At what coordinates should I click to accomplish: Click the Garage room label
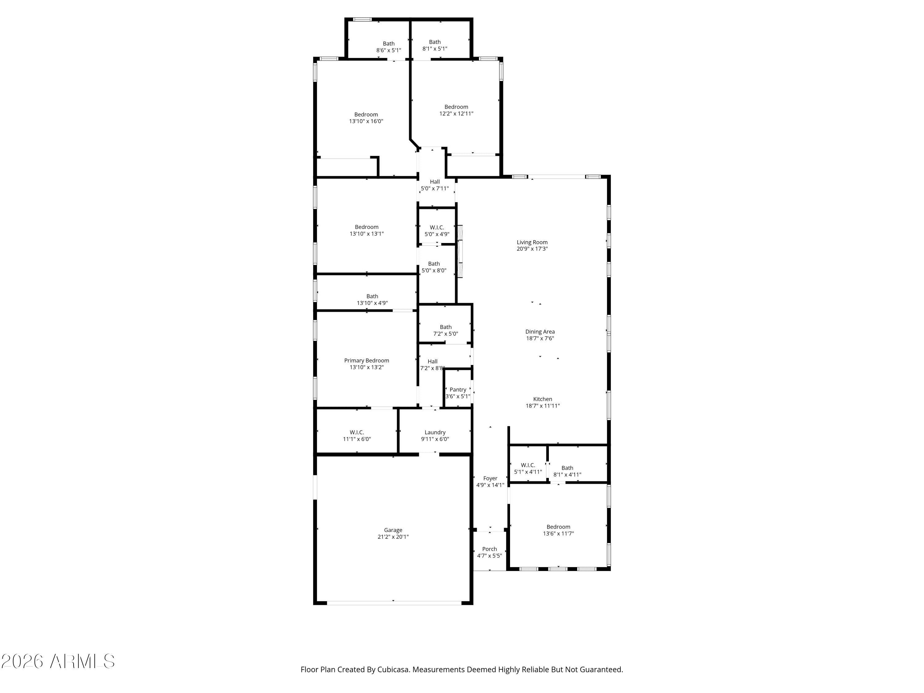393,530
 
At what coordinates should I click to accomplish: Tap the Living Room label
532,242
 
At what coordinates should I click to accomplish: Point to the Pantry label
458,390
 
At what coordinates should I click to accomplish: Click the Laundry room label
435,432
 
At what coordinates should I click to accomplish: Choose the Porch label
490,549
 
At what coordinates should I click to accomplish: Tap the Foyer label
490,478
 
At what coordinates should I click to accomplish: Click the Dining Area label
540,332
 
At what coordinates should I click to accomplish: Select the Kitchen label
543,399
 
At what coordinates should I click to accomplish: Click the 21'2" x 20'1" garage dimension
393,537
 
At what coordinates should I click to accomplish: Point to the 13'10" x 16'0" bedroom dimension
366,121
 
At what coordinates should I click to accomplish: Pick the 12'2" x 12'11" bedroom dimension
456,114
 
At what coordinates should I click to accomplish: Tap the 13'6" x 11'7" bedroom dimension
558,533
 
